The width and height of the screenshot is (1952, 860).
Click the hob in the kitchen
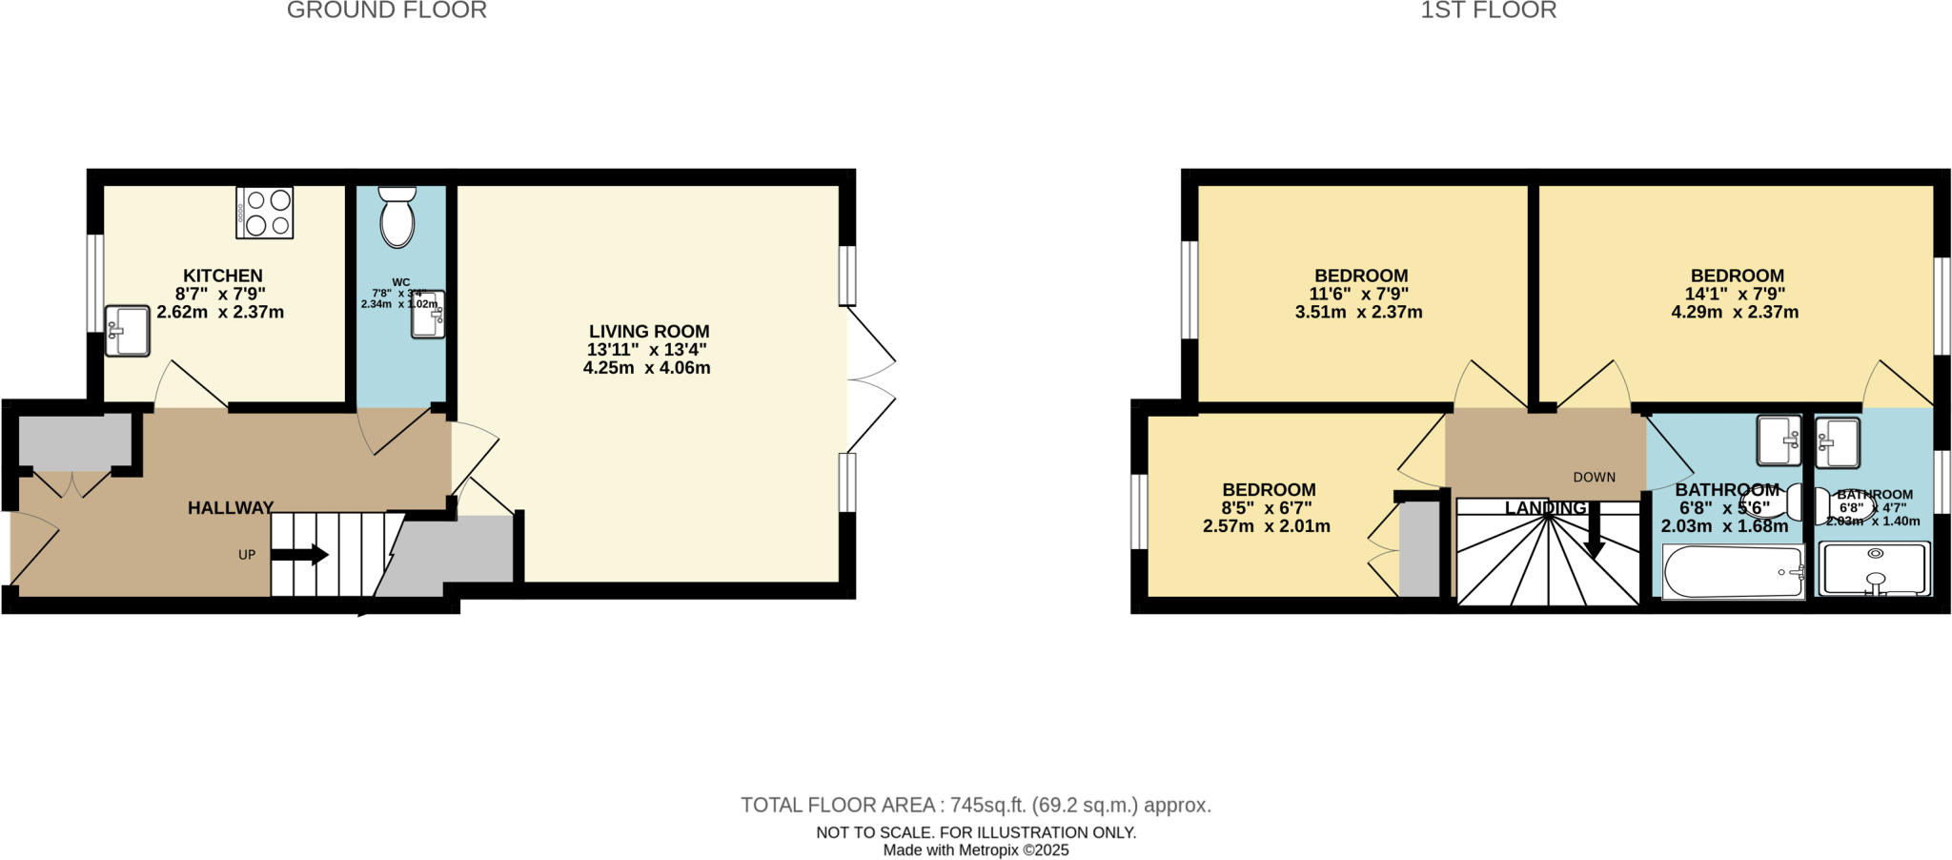(265, 213)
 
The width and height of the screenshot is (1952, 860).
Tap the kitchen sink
(127, 331)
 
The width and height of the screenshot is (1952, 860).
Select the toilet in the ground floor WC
(396, 216)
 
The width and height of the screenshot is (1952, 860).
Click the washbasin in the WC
(428, 315)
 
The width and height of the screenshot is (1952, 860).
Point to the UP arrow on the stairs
(300, 555)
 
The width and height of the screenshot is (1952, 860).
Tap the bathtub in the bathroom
(1733, 571)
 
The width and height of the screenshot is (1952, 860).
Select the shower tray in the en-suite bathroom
(1875, 568)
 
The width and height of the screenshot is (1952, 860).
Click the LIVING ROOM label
(649, 332)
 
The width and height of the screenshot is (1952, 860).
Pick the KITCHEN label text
(223, 276)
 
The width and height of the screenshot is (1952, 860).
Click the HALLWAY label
(231, 508)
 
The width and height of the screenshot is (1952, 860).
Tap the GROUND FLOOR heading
(387, 10)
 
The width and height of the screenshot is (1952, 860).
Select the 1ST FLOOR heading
(1488, 10)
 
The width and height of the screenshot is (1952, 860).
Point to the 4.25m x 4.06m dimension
(647, 368)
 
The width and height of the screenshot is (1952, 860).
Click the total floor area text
(976, 805)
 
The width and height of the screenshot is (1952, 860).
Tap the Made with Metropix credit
(976, 850)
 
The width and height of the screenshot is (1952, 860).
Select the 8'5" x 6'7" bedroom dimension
(1267, 508)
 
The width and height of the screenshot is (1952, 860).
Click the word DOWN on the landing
(1595, 478)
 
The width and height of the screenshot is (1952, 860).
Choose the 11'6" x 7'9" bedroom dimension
(1359, 295)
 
